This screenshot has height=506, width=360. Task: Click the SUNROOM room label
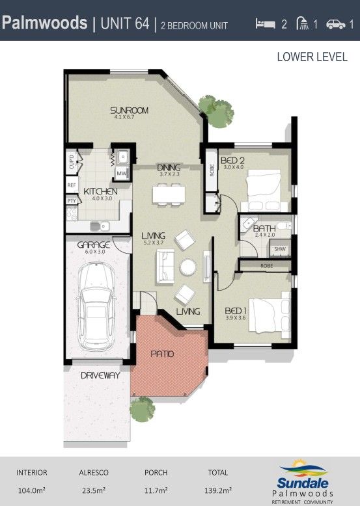coord(130,111)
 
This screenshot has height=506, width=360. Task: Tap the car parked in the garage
coord(96,305)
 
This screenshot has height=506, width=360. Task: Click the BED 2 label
coord(232,160)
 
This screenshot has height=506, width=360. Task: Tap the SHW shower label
coord(280,249)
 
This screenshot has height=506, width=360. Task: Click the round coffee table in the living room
coord(188,267)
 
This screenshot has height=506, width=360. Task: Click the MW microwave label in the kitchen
coord(121,174)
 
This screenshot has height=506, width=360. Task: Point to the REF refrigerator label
coord(72,185)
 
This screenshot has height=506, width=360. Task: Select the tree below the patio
coord(141,410)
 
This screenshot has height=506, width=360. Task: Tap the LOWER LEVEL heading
coord(312,57)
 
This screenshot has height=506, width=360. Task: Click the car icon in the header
coord(335,24)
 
